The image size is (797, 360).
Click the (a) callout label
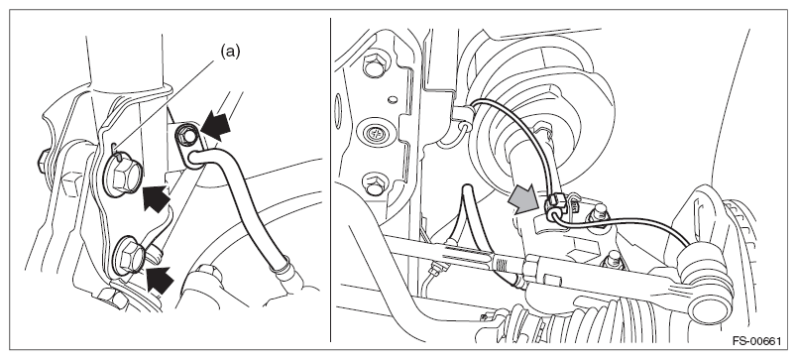tap(230, 51)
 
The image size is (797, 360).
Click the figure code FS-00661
tap(756, 341)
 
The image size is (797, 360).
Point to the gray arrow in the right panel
tap(523, 197)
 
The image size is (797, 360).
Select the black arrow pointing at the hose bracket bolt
tap(215, 126)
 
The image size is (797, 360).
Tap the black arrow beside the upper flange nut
tap(156, 197)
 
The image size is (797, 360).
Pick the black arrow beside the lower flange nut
tap(160, 279)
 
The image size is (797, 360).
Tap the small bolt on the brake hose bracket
tap(188, 135)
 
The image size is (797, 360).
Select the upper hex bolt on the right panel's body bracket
tap(373, 63)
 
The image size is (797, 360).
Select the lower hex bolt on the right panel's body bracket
tap(374, 185)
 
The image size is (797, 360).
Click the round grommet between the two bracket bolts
tap(376, 134)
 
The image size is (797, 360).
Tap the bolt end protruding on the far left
tap(44, 162)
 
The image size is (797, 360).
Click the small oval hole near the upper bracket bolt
tap(392, 99)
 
